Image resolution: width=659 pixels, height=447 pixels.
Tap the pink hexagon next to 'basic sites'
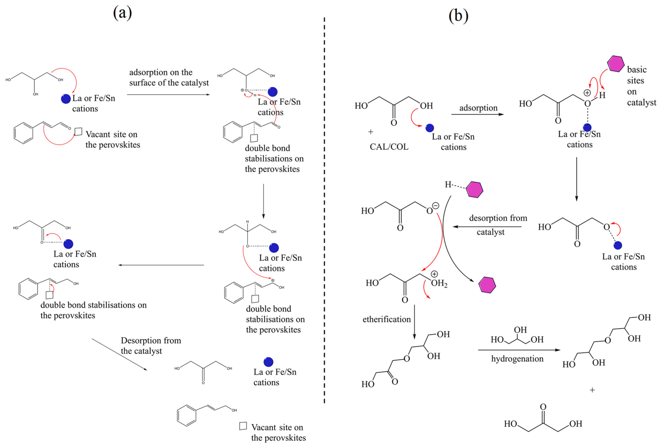pyautogui.click(x=615, y=64)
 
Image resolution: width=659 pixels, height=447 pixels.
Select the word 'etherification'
pyautogui.click(x=386, y=319)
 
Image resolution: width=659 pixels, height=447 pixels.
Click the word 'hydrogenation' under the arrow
pyautogui.click(x=517, y=359)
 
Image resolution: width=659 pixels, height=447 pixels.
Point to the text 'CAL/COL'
pyautogui.click(x=389, y=147)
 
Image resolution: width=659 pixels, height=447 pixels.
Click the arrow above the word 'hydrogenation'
pyautogui.click(x=519, y=350)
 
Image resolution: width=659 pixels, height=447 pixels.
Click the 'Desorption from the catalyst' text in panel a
pyautogui.click(x=151, y=345)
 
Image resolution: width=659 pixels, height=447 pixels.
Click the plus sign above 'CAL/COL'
pyautogui.click(x=371, y=132)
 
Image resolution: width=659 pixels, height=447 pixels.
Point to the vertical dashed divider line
pyautogui.click(x=324, y=210)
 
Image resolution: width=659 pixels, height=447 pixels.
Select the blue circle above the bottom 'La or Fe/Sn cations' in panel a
pyautogui.click(x=268, y=362)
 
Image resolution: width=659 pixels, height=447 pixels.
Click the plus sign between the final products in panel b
pyautogui.click(x=592, y=390)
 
